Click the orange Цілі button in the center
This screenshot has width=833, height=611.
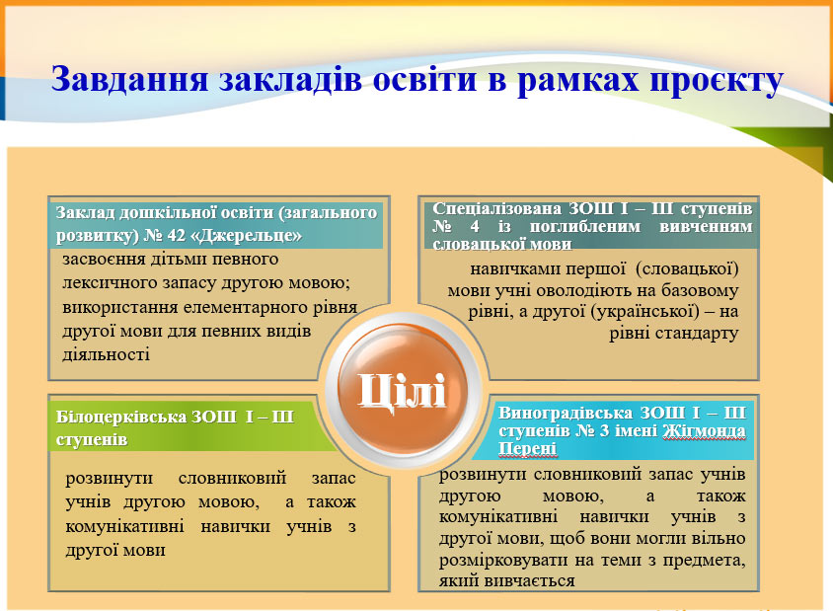(402, 390)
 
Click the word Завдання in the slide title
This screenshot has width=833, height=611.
(129, 80)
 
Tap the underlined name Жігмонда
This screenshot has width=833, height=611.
(704, 431)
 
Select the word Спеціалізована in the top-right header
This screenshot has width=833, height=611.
(496, 208)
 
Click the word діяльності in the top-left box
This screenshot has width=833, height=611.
(107, 354)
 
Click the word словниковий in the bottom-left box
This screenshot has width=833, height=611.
(232, 478)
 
